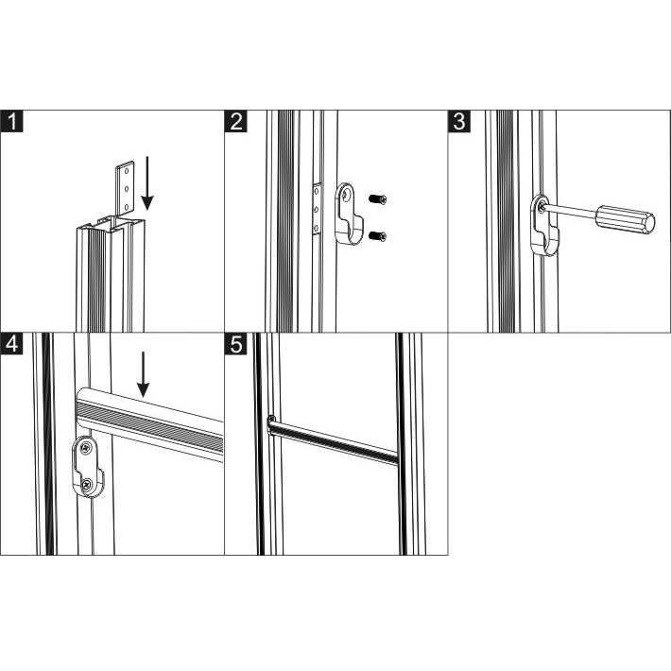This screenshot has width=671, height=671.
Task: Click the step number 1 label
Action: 11,121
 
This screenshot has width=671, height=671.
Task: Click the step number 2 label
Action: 235,121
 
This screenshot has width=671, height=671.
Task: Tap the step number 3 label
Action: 459,121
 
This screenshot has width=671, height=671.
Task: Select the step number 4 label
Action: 11,344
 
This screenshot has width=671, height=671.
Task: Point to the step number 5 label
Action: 235,344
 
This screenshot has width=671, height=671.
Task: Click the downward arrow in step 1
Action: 147,183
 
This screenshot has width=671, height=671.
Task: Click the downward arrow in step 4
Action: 144,374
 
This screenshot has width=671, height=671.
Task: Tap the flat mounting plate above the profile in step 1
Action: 125,187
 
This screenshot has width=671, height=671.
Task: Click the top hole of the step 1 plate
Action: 127,170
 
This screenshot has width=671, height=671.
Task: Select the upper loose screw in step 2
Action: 377,199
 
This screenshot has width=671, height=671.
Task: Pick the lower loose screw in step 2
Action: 377,235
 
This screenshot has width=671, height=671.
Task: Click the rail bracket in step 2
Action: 349,214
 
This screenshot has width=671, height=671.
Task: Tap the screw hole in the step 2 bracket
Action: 347,195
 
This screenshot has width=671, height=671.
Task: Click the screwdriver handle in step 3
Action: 626,219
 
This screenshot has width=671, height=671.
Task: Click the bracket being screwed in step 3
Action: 544,226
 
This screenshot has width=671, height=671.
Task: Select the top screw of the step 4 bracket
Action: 86,448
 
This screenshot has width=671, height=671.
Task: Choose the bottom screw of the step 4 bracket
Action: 87,485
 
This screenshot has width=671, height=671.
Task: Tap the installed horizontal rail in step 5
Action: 333,439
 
